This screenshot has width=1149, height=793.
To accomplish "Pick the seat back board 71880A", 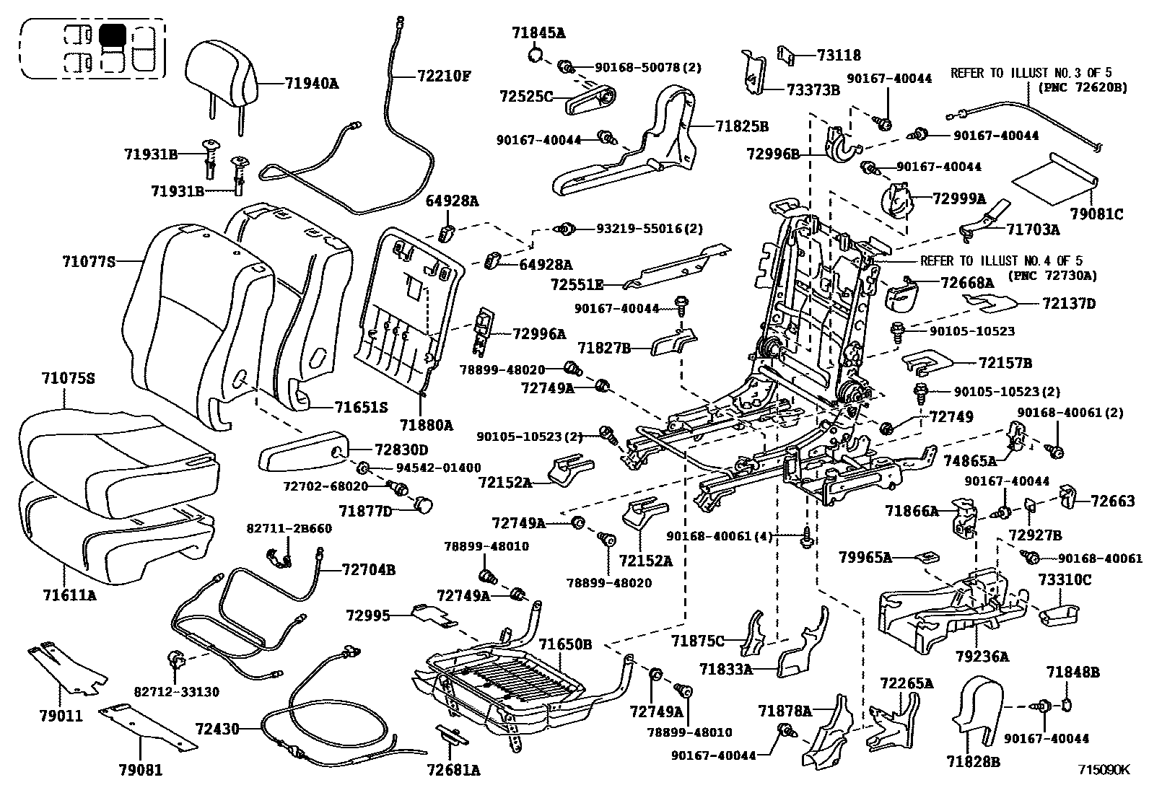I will (404, 303).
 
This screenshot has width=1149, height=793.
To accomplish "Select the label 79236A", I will (982, 657).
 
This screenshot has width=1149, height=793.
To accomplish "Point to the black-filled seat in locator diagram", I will (113, 35).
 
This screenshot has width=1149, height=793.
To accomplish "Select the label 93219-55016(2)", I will (649, 229).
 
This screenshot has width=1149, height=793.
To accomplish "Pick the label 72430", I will (217, 730).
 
